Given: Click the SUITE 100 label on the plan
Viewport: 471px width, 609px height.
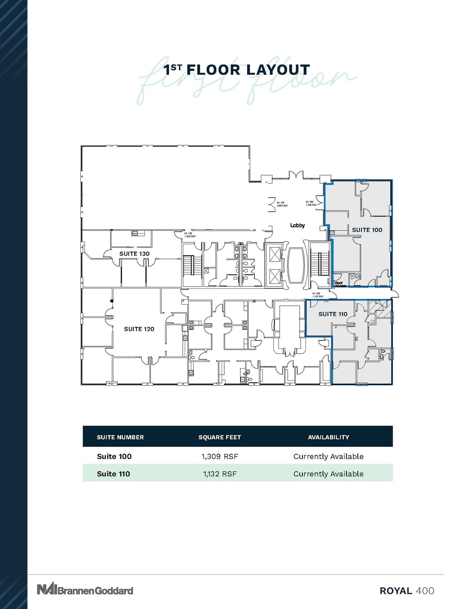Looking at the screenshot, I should click(x=367, y=230).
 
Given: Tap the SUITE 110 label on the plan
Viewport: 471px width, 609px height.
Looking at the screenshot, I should click(x=333, y=314).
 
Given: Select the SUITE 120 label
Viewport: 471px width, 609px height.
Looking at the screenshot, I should click(x=139, y=329).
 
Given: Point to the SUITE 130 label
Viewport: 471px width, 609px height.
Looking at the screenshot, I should click(x=134, y=254).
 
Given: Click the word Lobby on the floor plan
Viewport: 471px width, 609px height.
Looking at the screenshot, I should click(x=297, y=225).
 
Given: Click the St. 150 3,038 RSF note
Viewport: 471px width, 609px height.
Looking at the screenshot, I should click(x=282, y=204).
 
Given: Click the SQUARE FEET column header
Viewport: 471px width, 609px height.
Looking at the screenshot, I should click(x=220, y=437).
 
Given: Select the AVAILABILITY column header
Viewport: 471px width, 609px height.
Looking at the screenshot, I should click(x=328, y=437).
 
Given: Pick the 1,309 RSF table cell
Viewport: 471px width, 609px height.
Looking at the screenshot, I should click(x=220, y=456).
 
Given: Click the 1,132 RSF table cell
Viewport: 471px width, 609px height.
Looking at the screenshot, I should click(x=220, y=474).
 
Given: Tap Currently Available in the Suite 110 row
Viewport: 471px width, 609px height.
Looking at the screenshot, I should click(x=328, y=474).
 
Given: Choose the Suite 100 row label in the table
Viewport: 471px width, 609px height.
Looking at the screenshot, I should click(x=114, y=456).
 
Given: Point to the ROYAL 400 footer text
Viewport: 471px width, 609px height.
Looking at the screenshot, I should click(x=407, y=591).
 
